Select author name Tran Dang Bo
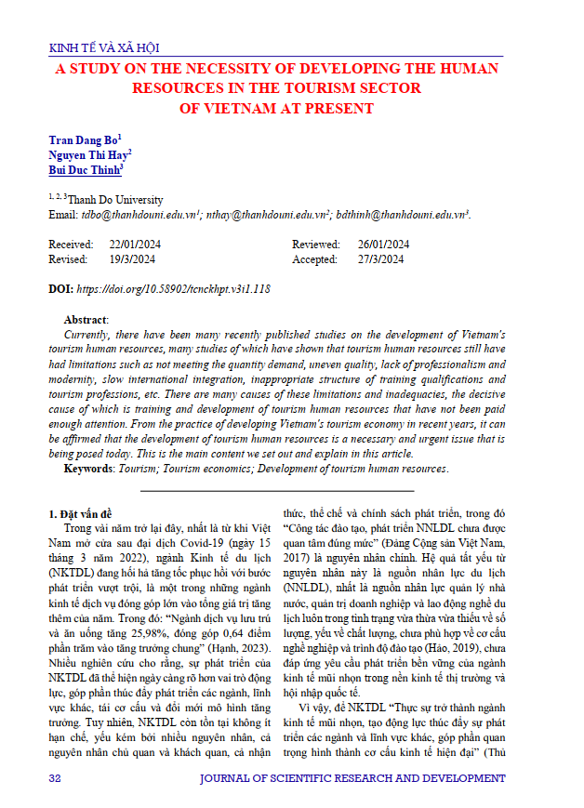[82, 140]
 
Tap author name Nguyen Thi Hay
[87, 155]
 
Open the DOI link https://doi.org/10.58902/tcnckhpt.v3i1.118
[181, 289]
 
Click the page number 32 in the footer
[55, 776]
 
